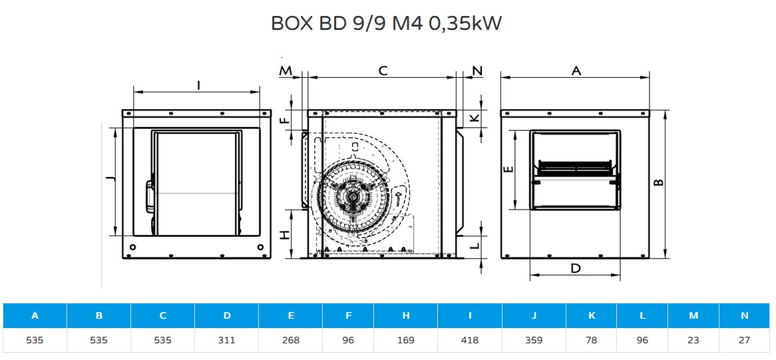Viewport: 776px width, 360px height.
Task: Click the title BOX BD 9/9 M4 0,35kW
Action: [x=387, y=24]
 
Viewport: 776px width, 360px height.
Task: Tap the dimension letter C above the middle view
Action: [x=383, y=71]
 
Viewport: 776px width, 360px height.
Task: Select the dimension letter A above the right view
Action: [x=576, y=71]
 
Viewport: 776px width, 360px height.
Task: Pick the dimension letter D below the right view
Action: [x=575, y=269]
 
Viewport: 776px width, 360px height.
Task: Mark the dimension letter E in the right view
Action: [x=508, y=170]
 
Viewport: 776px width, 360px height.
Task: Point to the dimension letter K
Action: [x=474, y=118]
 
